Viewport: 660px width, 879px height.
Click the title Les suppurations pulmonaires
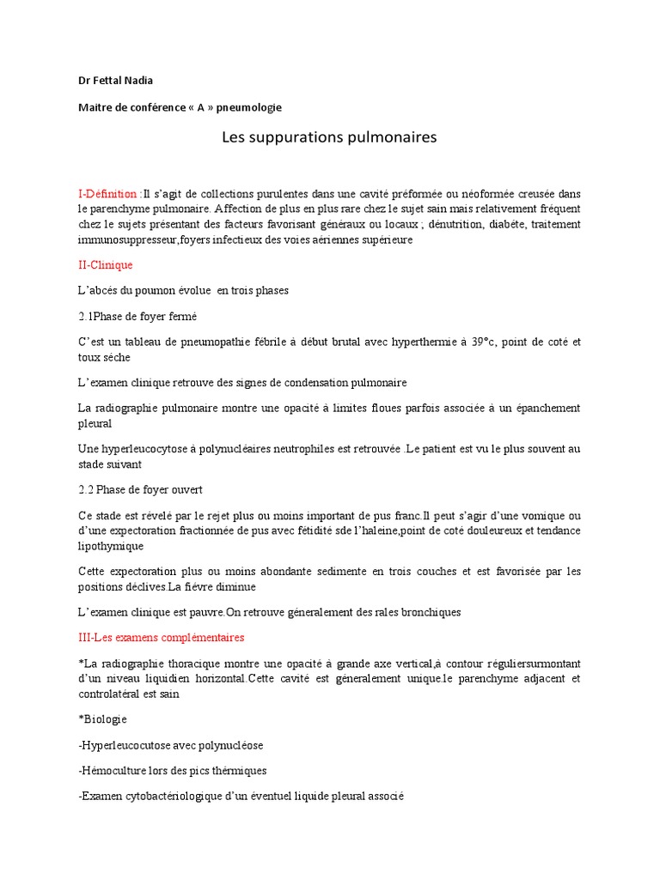click(330, 137)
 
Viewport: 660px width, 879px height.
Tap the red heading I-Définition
click(108, 194)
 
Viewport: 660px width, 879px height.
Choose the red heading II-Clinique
click(106, 265)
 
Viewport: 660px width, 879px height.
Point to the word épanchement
click(542, 408)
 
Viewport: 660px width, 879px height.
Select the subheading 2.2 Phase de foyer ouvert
click(140, 489)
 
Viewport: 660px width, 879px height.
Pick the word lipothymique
click(111, 546)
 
